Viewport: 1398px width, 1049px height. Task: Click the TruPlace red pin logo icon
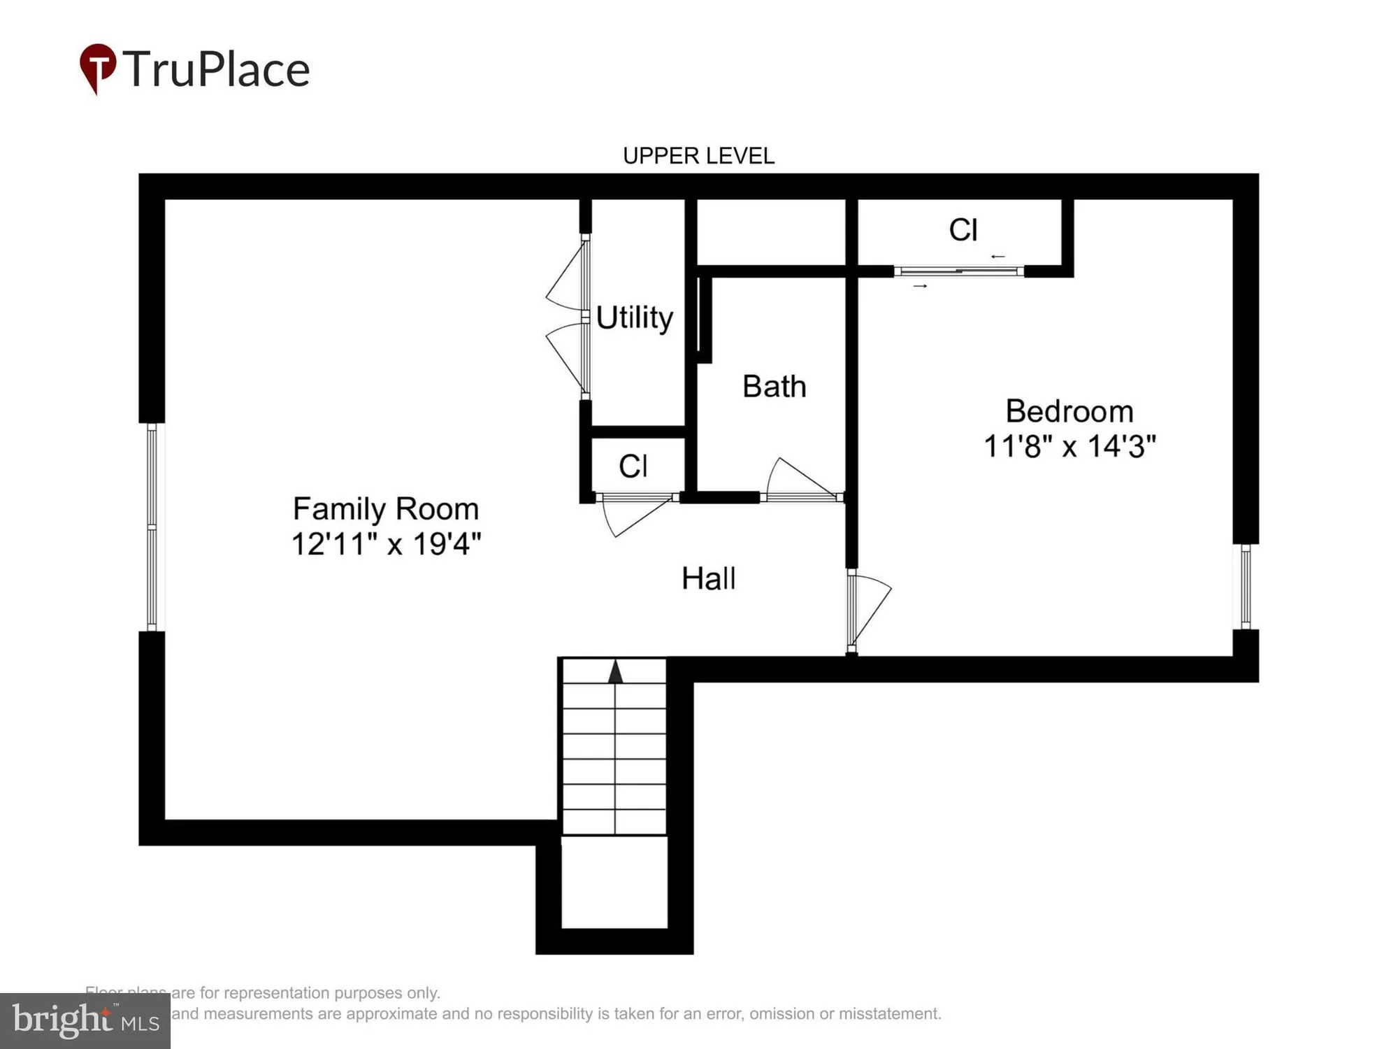tap(98, 67)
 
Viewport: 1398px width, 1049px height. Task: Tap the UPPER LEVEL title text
tap(698, 156)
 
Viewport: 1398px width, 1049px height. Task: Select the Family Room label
tap(386, 508)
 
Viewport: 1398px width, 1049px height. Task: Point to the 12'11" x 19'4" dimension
tap(386, 544)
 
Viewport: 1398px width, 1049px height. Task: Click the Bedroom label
tap(1069, 411)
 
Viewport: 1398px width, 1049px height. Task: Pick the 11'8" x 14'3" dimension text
tap(1069, 446)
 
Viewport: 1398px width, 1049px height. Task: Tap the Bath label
tap(774, 387)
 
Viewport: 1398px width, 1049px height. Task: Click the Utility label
tap(634, 317)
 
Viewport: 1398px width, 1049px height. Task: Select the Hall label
tap(708, 579)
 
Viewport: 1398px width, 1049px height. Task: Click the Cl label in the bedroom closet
tap(963, 230)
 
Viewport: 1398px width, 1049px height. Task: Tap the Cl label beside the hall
tap(633, 466)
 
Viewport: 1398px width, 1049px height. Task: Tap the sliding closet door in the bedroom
tap(958, 271)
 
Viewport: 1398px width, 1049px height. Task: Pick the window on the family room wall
tap(152, 527)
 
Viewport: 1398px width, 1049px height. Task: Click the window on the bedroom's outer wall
tap(1246, 587)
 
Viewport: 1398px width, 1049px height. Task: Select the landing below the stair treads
tap(614, 882)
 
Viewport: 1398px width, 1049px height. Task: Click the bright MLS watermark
tap(85, 1021)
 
